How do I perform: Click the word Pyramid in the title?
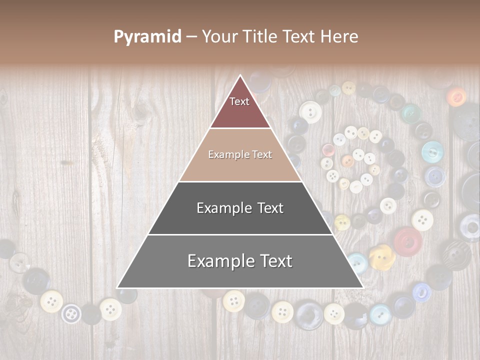click(x=147, y=37)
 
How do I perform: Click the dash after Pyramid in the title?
click(x=191, y=37)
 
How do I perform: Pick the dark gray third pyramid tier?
click(x=240, y=220)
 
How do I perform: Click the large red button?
click(x=408, y=241)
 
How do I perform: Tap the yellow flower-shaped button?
click(x=382, y=255)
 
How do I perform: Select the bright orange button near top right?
click(x=456, y=96)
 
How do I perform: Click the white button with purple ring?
click(x=71, y=313)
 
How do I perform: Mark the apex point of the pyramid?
click(x=240, y=75)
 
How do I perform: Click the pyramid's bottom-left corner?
click(x=117, y=288)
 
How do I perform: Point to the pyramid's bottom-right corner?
click(x=363, y=288)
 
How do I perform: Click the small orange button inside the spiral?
click(x=347, y=161)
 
